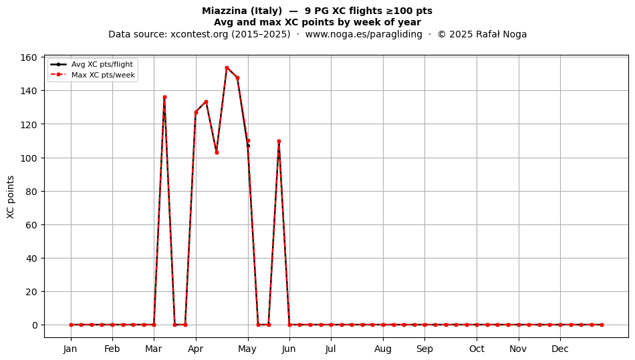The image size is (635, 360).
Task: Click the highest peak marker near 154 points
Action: pyautogui.click(x=227, y=67)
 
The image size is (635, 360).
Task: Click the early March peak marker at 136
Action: pyautogui.click(x=164, y=97)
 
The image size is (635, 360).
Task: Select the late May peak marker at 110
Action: pyautogui.click(x=279, y=141)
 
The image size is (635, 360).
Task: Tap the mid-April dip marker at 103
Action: pyautogui.click(x=217, y=152)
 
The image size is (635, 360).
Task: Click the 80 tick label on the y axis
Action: pyautogui.click(x=31, y=191)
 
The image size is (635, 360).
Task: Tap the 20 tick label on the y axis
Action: pyautogui.click(x=31, y=292)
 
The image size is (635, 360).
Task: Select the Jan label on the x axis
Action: pyautogui.click(x=70, y=349)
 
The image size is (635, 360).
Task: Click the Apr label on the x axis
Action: pyautogui.click(x=196, y=349)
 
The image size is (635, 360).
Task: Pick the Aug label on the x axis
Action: pyautogui.click(x=383, y=349)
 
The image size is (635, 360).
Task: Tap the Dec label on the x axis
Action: pyautogui.click(x=560, y=349)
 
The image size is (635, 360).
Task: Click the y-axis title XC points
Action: pyautogui.click(x=11, y=197)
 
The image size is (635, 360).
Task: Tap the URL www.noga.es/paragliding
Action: pyautogui.click(x=364, y=34)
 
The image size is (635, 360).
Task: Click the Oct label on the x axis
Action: pyautogui.click(x=477, y=349)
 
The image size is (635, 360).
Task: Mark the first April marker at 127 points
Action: pyautogui.click(x=196, y=112)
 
